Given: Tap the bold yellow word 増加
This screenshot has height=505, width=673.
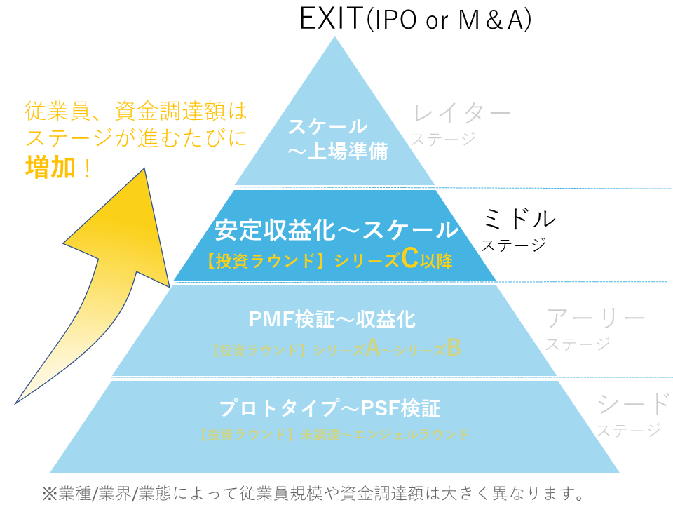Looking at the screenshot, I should [x=50, y=168].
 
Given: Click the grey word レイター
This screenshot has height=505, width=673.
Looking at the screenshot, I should [x=461, y=112].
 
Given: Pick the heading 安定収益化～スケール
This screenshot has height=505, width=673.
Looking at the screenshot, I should [x=336, y=230].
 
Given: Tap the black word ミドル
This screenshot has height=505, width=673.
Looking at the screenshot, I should [x=519, y=219].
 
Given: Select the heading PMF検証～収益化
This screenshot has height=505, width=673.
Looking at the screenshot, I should [x=332, y=320].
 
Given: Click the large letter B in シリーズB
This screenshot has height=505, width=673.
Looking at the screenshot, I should [x=454, y=348].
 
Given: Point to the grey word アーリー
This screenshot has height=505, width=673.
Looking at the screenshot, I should [x=595, y=318].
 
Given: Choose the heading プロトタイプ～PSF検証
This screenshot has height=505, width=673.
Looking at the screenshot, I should [x=329, y=408].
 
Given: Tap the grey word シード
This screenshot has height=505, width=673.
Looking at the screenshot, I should [x=633, y=403].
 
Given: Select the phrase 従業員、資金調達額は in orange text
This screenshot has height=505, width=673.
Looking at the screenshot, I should [x=136, y=111].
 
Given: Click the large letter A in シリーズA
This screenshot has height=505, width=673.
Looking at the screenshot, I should [x=373, y=348].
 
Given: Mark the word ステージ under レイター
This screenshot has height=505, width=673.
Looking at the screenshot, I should [x=443, y=139].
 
